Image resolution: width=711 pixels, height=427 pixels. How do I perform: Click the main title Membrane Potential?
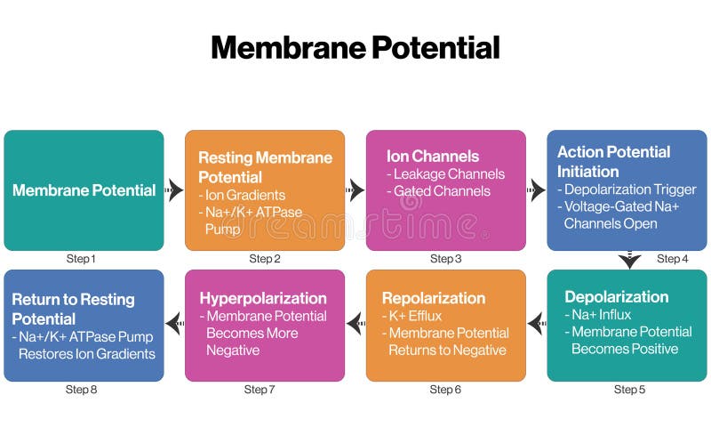coord(355,47)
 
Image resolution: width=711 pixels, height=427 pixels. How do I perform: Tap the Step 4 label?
coord(673,259)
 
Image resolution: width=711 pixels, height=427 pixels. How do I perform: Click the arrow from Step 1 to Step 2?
coord(174,190)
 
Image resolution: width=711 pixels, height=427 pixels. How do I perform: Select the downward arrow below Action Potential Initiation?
coord(629,261)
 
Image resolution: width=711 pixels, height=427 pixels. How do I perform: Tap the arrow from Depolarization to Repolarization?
coord(536,325)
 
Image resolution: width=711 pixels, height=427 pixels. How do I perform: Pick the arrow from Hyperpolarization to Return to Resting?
coord(174,325)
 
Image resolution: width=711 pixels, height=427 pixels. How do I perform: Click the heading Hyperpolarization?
coord(263,298)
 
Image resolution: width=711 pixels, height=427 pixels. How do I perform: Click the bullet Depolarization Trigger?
coord(630,189)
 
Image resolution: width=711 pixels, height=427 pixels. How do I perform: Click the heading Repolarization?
coord(434,298)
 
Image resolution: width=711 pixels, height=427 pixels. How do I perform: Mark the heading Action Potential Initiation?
coord(613,161)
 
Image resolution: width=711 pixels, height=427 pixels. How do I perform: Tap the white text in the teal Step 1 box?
coord(84,190)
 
